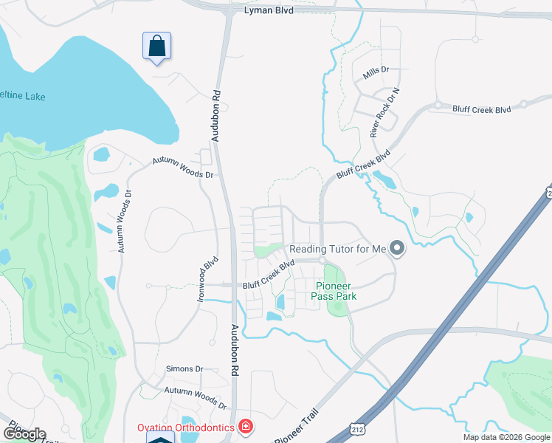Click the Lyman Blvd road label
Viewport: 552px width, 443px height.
tap(269, 12)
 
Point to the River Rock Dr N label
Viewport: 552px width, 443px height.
tap(384, 113)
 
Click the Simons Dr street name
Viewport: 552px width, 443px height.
tap(184, 368)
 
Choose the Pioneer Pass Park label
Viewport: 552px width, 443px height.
tap(337, 291)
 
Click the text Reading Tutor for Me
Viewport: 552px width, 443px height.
tap(338, 249)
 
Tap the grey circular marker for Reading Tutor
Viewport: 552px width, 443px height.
tap(397, 248)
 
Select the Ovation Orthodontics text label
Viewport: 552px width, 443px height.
tap(185, 427)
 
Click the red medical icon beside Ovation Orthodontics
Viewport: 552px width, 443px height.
tap(246, 427)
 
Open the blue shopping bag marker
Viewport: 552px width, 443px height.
tap(156, 47)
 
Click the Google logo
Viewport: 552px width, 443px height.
tap(24, 434)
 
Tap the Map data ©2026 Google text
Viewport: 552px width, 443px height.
tap(506, 437)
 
